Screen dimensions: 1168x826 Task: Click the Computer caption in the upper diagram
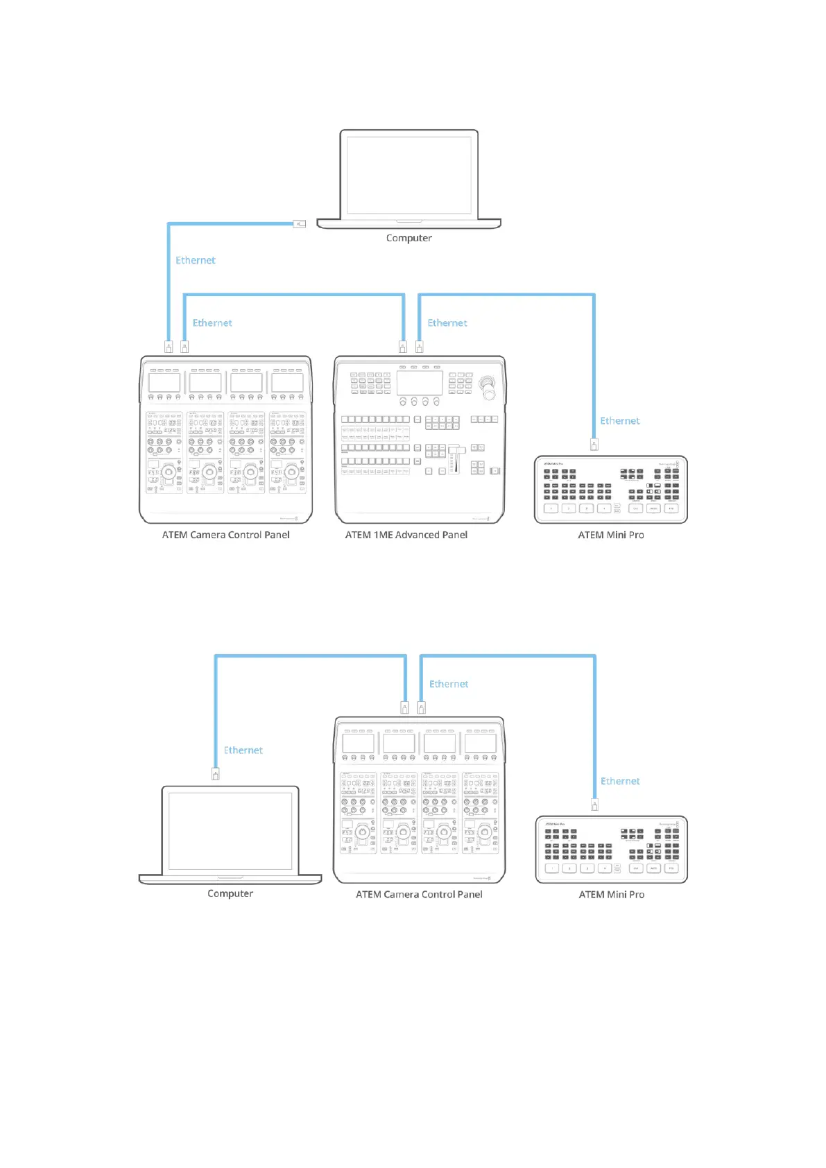tap(408, 238)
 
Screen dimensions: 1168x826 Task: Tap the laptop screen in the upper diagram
tap(408, 175)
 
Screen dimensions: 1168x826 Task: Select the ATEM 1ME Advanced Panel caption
tap(406, 535)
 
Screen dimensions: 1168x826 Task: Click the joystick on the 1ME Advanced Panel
tap(490, 385)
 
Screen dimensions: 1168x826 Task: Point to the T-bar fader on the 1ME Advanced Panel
tap(456, 458)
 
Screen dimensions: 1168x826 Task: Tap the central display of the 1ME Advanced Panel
tap(420, 383)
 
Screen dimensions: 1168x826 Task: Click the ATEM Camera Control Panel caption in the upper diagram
tap(225, 535)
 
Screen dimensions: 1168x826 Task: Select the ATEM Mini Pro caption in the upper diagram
tap(611, 535)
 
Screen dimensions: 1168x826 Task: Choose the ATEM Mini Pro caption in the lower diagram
tap(612, 895)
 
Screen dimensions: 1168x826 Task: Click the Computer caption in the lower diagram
tap(230, 893)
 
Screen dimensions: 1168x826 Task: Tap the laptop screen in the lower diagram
tap(230, 831)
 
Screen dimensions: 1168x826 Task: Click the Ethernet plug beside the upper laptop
tap(300, 223)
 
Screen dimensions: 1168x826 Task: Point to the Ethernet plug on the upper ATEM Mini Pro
tap(594, 444)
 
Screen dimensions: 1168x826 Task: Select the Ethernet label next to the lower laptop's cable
tap(243, 750)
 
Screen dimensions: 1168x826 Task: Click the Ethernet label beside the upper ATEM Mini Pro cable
tap(620, 421)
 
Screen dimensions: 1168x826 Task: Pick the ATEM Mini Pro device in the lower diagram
tap(611, 849)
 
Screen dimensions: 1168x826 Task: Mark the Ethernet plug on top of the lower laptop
tap(216, 774)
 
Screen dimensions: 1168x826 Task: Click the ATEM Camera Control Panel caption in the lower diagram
tap(419, 895)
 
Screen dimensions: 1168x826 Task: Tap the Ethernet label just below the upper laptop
tap(196, 261)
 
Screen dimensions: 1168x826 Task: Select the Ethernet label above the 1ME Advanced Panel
tap(447, 323)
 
